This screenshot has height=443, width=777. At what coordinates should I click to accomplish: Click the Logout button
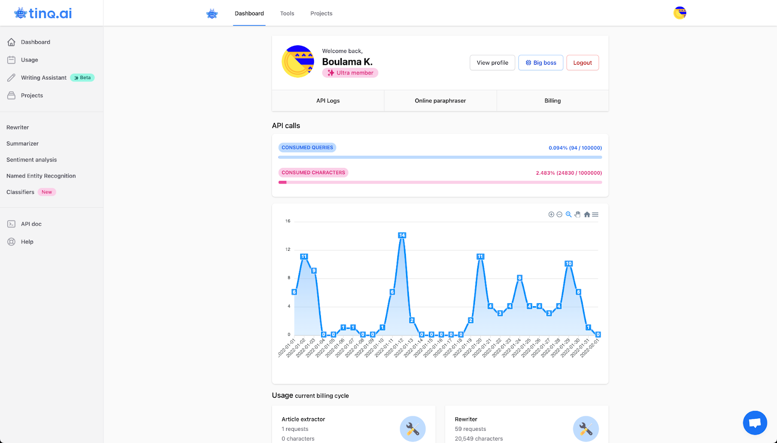coord(582,63)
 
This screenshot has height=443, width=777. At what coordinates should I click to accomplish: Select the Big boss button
coord(541,63)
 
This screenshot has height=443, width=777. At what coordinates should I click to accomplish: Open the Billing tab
coord(553,100)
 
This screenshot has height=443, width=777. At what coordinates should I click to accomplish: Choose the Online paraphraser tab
coord(440,100)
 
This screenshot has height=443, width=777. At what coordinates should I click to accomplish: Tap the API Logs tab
coord(328,100)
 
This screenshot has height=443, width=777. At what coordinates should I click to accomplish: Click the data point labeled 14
coord(402,235)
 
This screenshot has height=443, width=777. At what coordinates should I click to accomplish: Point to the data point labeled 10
coord(569,264)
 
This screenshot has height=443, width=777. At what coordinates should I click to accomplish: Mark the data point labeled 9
coord(314,271)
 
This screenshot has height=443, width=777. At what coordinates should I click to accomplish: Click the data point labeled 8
coord(519,278)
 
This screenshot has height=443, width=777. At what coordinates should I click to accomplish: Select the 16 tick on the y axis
coord(287,221)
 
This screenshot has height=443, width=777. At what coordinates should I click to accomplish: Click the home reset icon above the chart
coord(587,214)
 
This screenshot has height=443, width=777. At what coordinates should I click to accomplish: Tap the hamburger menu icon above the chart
coord(595,214)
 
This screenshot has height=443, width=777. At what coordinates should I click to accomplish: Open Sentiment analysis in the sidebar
coord(32,160)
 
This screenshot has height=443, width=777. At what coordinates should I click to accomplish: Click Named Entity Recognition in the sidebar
coord(41,176)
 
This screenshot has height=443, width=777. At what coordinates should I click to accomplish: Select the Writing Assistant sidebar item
coord(44,78)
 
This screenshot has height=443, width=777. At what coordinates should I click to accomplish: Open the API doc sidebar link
coord(31,224)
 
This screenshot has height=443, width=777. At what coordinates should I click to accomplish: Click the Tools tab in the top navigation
coord(287,14)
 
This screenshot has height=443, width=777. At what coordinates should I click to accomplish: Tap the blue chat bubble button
coord(755,423)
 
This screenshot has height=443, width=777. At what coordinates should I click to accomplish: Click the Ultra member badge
coord(350,73)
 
